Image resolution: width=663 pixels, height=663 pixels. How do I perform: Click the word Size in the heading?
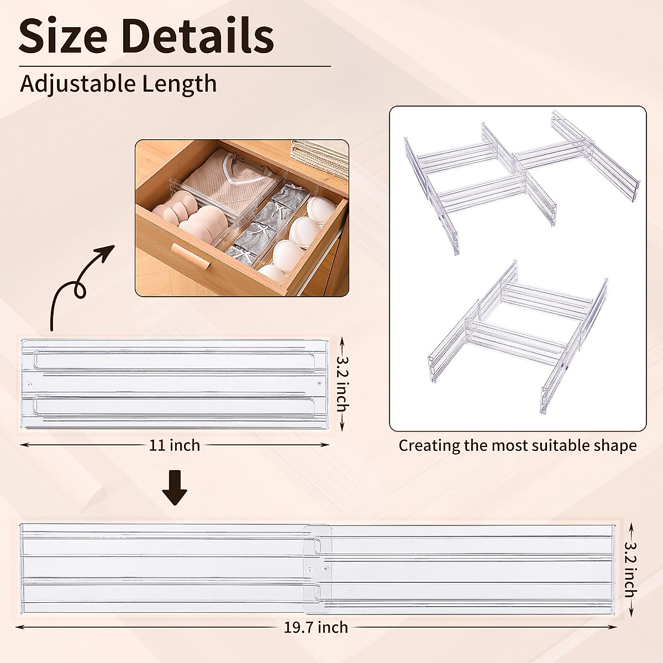tap(62, 36)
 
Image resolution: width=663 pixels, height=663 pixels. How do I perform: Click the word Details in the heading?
tap(198, 36)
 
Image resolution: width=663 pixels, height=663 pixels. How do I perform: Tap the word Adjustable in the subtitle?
tap(78, 84)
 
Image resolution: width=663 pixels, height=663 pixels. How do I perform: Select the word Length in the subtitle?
tap(179, 84)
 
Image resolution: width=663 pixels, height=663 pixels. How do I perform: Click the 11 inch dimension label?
tap(175, 445)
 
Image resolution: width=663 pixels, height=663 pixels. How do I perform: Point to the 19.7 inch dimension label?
tap(316, 627)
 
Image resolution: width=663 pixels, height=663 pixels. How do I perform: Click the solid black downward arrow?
tap(175, 487)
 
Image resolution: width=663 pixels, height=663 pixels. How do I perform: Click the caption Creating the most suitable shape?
tap(518, 445)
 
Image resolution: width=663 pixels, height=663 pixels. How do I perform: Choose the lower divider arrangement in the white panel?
tap(519, 337)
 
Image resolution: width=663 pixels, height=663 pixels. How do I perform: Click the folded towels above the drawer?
tap(319, 157)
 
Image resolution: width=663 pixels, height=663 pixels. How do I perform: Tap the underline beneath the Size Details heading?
tap(175, 66)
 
